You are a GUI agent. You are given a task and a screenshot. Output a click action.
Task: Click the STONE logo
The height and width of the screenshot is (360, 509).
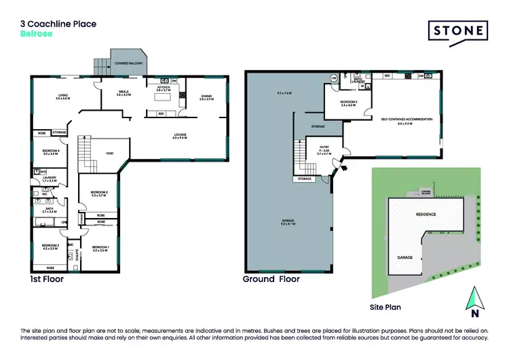click(458, 30)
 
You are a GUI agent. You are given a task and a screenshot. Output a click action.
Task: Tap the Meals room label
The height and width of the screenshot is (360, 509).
click(123, 93)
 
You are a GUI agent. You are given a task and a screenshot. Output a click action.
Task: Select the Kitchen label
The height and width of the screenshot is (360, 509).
click(164, 88)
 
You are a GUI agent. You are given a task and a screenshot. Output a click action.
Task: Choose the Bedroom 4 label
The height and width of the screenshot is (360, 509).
click(51, 151)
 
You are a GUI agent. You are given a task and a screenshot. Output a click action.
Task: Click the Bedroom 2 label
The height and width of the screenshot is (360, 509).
click(99, 194)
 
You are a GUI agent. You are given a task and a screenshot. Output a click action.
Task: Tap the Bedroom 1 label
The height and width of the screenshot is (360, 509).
click(100, 247)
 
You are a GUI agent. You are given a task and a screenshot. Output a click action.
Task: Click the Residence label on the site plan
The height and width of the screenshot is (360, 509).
click(426, 214)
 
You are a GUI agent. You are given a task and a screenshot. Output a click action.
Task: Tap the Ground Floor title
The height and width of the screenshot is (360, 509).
click(269, 279)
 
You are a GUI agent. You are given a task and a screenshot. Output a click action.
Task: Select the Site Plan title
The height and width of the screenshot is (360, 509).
click(384, 307)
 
